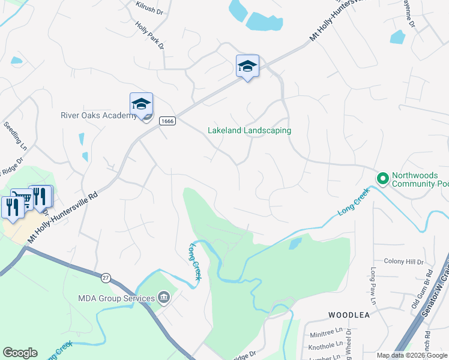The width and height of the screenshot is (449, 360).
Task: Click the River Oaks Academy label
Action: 99,116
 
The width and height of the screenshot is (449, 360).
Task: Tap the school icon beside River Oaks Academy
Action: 142,104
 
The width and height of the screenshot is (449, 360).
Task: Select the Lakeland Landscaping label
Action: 249,130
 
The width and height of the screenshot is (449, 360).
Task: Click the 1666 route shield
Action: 167,121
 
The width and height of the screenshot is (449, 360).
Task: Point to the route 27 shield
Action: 106,278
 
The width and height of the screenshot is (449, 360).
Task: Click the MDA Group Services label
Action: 116,298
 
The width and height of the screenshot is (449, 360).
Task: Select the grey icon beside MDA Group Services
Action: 162,298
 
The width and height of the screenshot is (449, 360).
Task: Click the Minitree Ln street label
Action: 330,331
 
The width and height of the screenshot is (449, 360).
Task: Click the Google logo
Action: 20,353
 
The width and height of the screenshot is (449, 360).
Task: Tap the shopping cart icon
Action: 22,199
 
